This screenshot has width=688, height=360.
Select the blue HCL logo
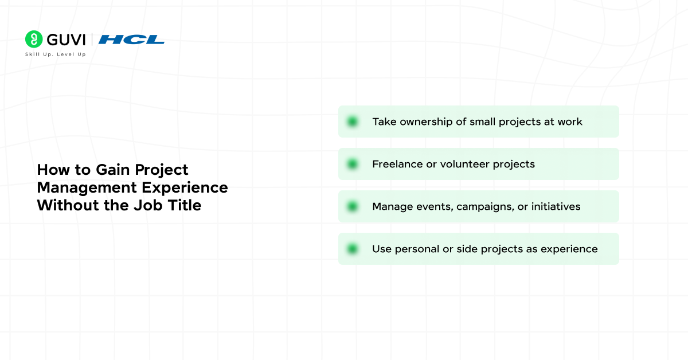[x=131, y=40]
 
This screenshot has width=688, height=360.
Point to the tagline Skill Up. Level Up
[x=55, y=54]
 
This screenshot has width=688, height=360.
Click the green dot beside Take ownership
[x=353, y=122]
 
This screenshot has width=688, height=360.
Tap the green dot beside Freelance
[x=353, y=164]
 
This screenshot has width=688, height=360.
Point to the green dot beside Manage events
[x=353, y=206]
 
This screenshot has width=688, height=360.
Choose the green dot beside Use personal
[x=353, y=249]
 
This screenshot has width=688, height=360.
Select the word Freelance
[x=397, y=164]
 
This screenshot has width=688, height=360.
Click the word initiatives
[x=556, y=206]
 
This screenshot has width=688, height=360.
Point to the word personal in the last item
[x=417, y=249]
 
